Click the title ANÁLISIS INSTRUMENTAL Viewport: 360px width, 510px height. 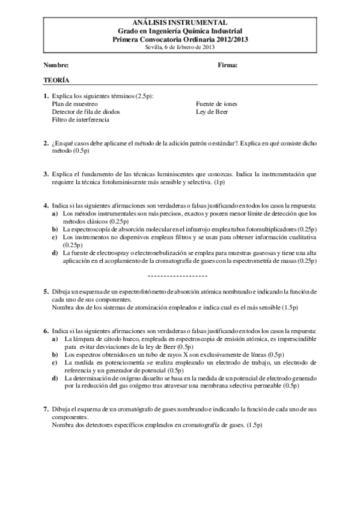point(180,22)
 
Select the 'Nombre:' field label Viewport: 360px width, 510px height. point(56,64)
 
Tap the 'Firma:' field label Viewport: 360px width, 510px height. point(228,64)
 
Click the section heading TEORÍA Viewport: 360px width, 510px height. point(56,80)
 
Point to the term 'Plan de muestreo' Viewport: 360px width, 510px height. point(75,103)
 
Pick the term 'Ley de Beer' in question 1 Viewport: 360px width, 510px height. point(212,111)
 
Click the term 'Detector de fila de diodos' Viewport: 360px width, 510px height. point(85,111)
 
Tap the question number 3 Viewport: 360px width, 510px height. point(46,174)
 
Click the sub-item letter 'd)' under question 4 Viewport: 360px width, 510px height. point(55,253)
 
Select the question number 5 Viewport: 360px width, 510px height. point(46,291)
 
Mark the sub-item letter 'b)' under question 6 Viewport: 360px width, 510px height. point(55,355)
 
